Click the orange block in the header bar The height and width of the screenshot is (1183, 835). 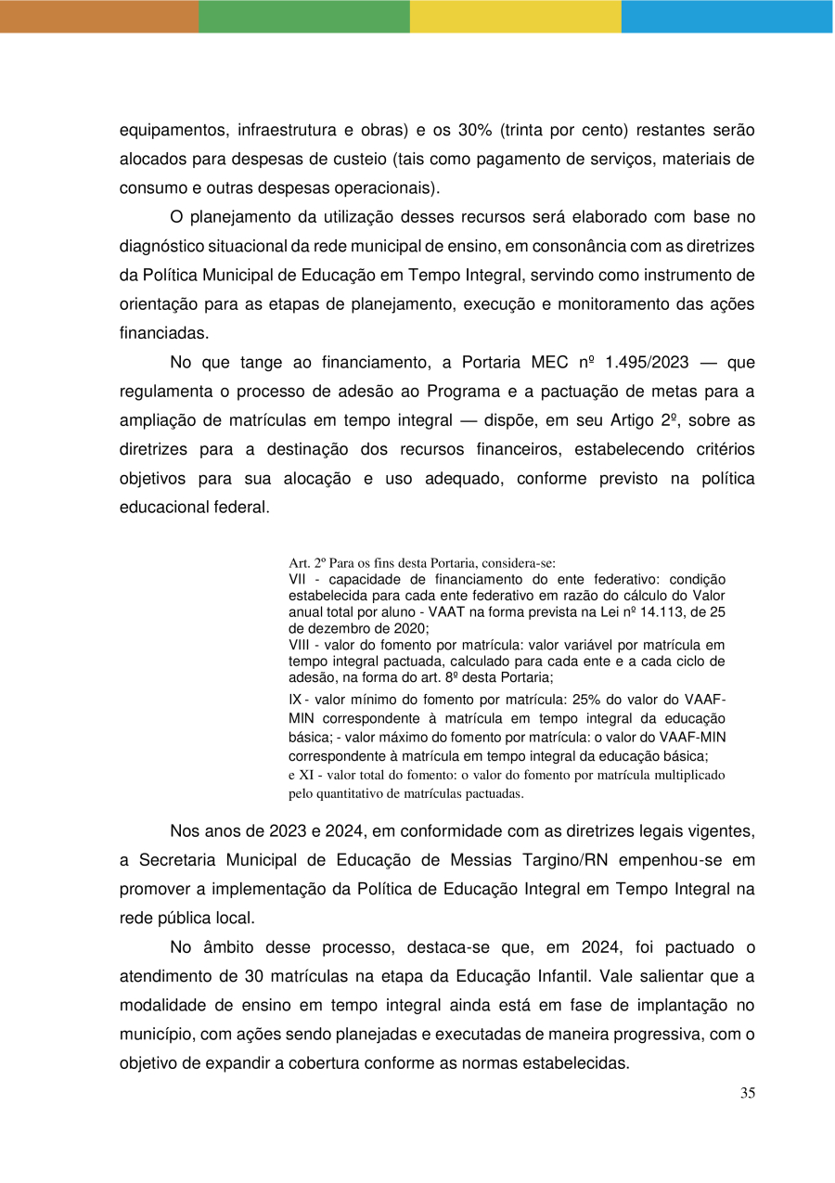pyautogui.click(x=99, y=16)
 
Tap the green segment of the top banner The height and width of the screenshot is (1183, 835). pyautogui.click(x=304, y=16)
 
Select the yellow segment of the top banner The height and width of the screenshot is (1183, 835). pyautogui.click(x=516, y=16)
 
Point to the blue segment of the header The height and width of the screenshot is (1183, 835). pyautogui.click(x=726, y=16)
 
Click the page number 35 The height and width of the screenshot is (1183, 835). pyautogui.click(x=748, y=1093)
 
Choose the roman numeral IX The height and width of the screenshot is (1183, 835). pyautogui.click(x=297, y=701)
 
